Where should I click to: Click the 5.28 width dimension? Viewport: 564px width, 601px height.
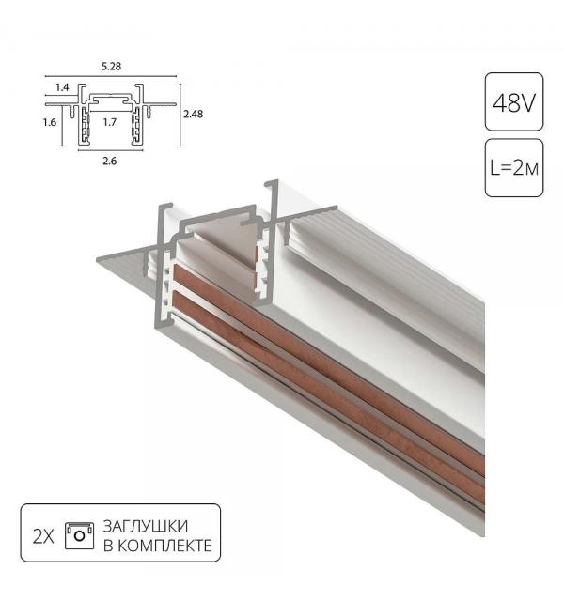[110, 67]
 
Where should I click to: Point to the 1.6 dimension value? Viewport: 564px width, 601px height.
[51, 122]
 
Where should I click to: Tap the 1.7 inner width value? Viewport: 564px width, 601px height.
[109, 122]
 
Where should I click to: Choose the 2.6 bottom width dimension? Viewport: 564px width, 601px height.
[109, 161]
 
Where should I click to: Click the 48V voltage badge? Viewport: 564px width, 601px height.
[513, 100]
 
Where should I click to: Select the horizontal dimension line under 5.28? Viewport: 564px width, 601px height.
[110, 76]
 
